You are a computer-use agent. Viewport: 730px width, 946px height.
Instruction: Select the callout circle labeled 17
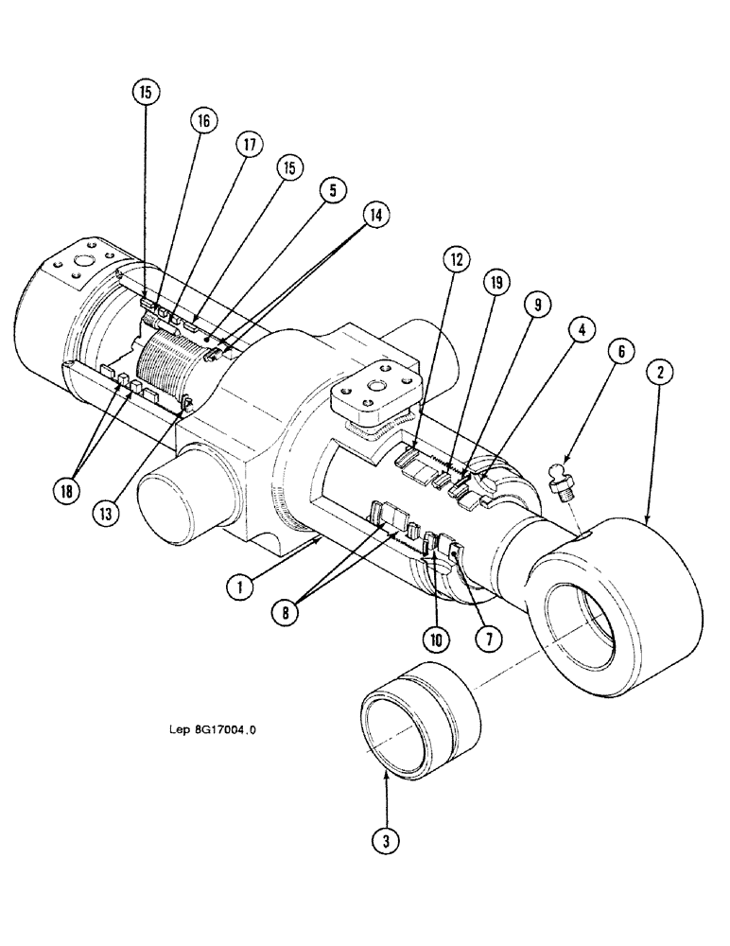click(249, 146)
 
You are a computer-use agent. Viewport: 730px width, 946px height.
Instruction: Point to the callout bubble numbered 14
click(375, 216)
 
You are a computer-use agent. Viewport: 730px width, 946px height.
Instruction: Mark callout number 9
click(536, 305)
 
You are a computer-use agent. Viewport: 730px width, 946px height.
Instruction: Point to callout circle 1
click(241, 587)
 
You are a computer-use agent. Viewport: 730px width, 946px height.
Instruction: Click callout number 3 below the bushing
click(387, 835)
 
